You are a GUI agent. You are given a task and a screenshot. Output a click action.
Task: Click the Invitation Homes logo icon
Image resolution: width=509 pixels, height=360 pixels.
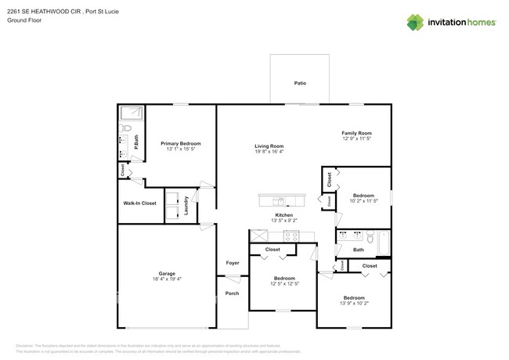pos(415,23)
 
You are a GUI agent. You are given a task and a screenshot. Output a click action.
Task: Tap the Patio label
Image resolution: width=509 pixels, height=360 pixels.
pos(300,82)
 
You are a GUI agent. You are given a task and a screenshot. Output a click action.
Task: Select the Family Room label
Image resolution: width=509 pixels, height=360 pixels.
pos(356,133)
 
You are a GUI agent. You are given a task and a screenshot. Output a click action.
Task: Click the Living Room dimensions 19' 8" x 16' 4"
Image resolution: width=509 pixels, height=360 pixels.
pos(269,153)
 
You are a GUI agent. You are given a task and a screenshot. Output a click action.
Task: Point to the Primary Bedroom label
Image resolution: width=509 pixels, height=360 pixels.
pos(181,143)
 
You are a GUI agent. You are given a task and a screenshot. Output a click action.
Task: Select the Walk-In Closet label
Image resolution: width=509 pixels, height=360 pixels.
pos(139,203)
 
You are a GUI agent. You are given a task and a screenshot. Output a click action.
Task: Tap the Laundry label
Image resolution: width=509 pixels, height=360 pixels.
pos(186,205)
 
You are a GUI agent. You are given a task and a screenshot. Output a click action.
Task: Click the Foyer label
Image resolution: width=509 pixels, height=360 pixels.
pos(233,263)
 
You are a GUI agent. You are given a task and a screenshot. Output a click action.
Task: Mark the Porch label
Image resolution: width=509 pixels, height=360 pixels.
pos(232,293)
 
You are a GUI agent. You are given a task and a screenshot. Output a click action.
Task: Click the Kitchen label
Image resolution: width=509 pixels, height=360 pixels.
pos(283,215)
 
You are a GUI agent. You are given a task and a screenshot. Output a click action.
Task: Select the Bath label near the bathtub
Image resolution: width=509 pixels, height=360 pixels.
pos(358,250)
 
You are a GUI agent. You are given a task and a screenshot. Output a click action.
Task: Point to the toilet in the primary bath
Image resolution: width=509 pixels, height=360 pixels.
pos(127,128)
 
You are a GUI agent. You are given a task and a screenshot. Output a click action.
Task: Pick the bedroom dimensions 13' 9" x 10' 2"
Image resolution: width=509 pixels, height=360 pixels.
pos(354,304)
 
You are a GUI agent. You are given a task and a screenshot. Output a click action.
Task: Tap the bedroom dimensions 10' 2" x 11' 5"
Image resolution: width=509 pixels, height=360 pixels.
pos(364,201)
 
